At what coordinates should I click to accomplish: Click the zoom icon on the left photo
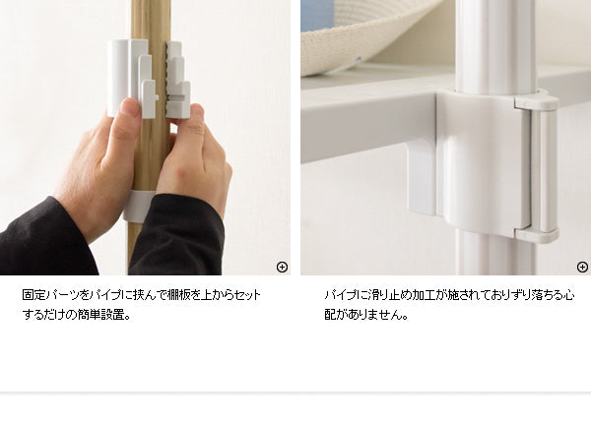pos(282,267)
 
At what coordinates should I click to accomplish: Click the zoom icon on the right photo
pos(582,267)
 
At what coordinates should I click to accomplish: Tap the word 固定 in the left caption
pos(34,295)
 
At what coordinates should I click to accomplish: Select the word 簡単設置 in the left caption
pos(100,314)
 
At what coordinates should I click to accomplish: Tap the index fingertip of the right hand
pos(197,111)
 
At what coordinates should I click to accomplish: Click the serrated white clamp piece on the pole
pos(176,80)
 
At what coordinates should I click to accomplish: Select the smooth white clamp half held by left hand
pos(130,77)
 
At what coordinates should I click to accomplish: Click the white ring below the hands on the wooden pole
pos(138,205)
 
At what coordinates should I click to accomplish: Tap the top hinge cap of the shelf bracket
pos(537,100)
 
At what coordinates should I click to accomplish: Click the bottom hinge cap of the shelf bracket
pos(537,234)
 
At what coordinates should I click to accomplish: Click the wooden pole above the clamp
pos(151,20)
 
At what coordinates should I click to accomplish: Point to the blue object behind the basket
pos(316,15)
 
